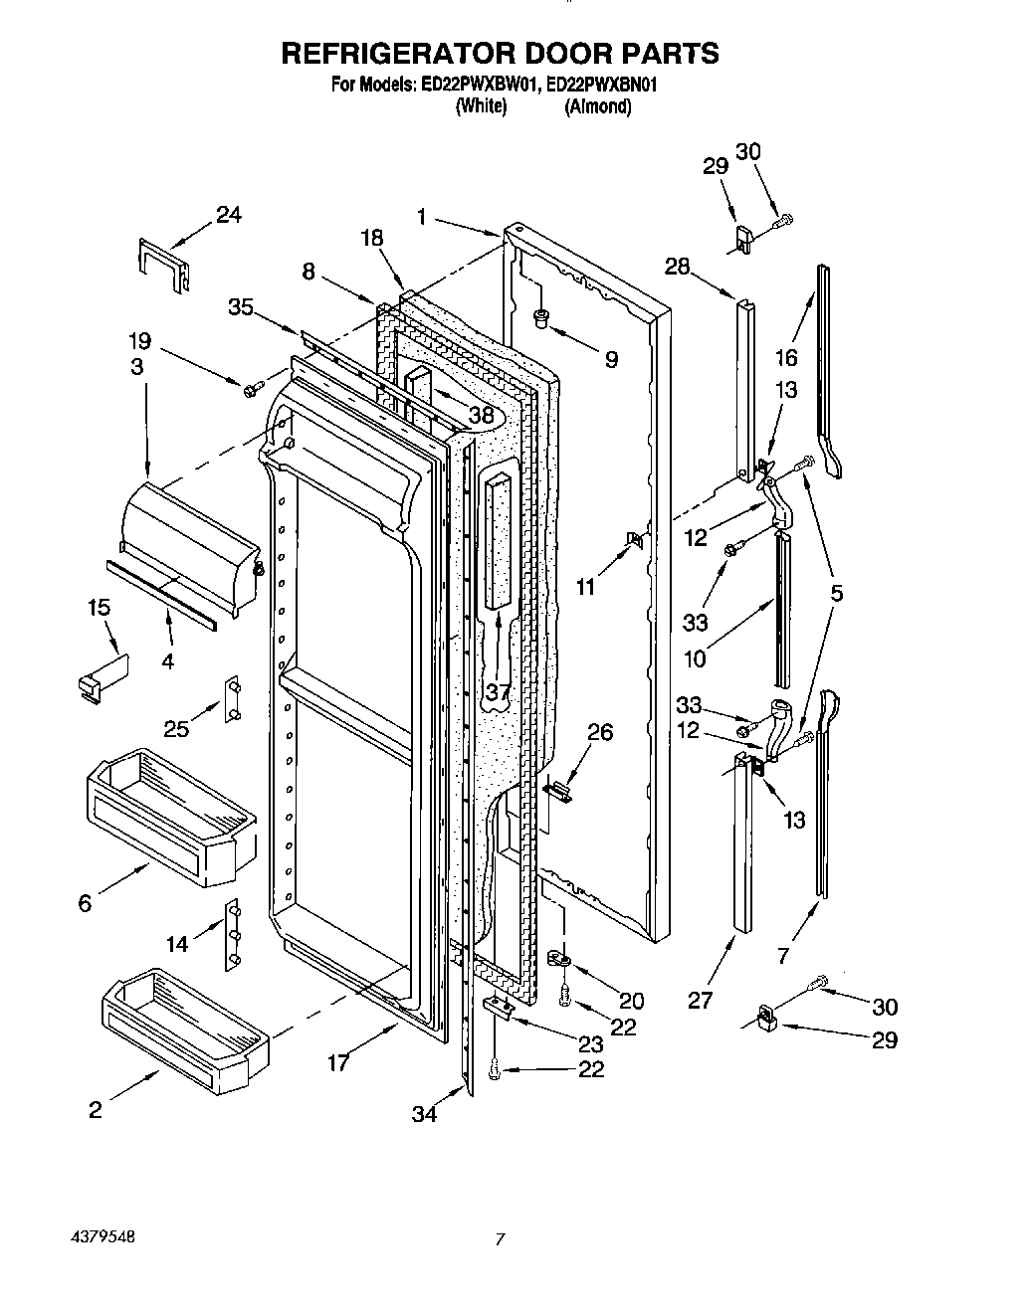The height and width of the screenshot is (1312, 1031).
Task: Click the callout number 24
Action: coord(229,214)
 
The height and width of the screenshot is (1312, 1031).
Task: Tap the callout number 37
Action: coord(499,690)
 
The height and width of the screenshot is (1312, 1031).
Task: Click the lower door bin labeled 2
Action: coord(183,1031)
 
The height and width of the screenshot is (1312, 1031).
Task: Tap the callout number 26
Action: coord(600,732)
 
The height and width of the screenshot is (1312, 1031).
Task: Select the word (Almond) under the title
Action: coord(597,107)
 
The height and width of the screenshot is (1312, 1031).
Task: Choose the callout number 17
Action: coord(338,1063)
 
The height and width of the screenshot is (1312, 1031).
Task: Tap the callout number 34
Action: coord(425,1114)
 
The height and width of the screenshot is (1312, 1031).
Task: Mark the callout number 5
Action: coord(836,593)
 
